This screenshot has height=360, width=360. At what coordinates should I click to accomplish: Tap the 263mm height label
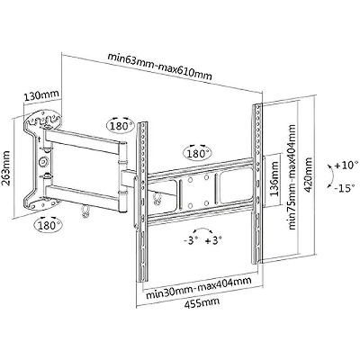coord(6,168)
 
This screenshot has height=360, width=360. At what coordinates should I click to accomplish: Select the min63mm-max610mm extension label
coord(160,67)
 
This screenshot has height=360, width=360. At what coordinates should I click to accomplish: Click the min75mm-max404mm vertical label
coord(292,177)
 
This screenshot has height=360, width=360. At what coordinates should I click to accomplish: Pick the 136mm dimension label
coord(274,179)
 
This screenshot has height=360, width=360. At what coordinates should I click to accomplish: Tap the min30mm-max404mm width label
coord(198,287)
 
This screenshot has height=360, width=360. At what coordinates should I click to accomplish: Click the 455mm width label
coord(202,302)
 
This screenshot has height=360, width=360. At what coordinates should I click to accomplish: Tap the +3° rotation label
coord(213,240)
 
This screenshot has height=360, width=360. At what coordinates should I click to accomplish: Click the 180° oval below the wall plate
coord(49,224)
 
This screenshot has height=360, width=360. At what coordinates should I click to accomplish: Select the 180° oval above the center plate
coord(197,154)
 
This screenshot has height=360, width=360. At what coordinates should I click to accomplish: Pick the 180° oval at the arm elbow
coord(121,125)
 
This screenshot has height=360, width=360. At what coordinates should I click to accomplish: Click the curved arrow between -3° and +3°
coord(202,229)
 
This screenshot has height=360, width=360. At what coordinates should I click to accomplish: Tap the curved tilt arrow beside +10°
coord(330,176)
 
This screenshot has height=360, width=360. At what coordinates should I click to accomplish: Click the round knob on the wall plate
coord(44,161)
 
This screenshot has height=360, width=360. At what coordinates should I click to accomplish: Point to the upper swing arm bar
coord(83,141)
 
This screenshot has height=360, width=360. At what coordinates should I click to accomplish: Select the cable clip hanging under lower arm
coord(85,210)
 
